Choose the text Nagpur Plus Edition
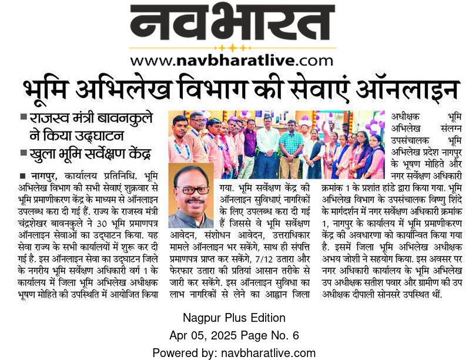click(233, 318)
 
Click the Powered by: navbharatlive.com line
click(233, 352)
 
